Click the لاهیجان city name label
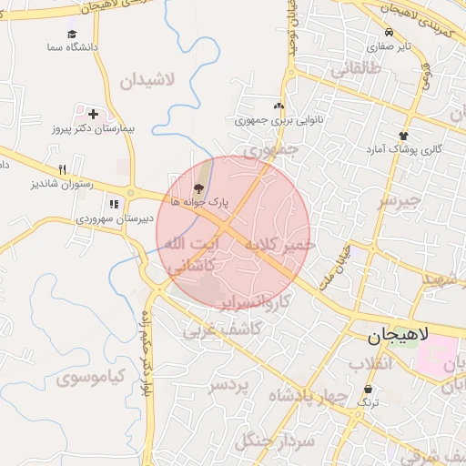click(396, 337)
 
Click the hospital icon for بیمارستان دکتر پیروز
click(93, 115)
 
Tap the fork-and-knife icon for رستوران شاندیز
click(62, 169)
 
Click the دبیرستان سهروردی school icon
click(114, 204)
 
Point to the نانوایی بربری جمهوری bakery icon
click(279, 106)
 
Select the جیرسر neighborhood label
click(400, 200)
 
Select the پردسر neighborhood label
click(228, 386)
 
